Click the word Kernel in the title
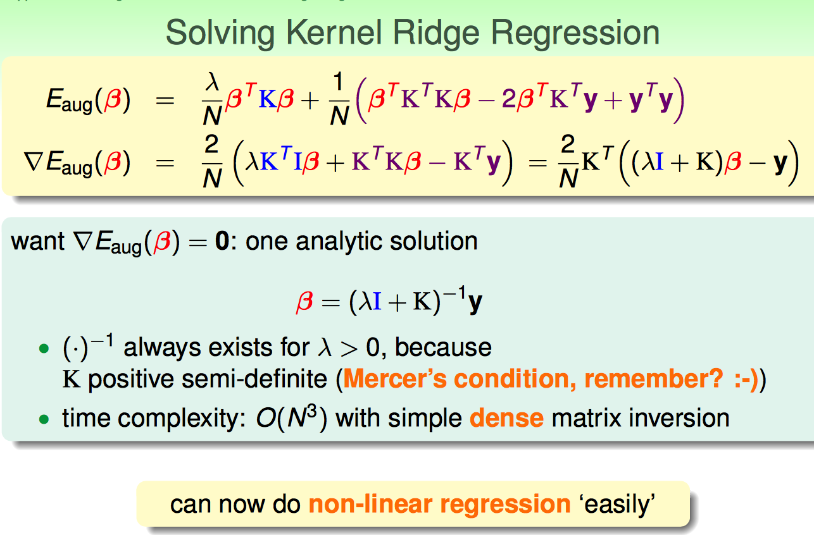point(334,33)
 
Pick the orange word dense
point(506,417)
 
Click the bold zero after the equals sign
point(222,241)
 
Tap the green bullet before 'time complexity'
point(44,419)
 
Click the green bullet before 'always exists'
point(44,349)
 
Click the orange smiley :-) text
point(746,379)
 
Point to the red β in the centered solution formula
point(304,302)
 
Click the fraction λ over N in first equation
point(212,98)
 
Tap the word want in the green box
point(38,242)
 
